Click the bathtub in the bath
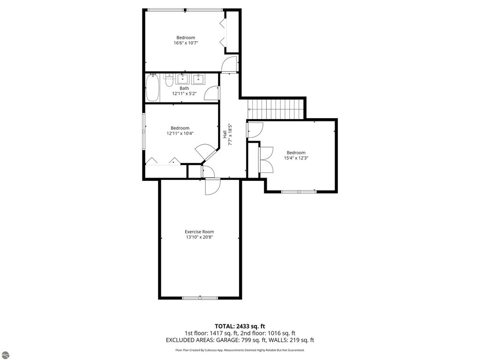(152, 89)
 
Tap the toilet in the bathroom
(168, 82)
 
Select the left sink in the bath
(183, 78)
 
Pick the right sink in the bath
(199, 78)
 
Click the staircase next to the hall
(276, 109)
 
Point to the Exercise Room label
(199, 232)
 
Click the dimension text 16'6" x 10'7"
(186, 43)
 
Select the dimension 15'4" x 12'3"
(296, 158)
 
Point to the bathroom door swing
(212, 93)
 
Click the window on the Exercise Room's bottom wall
(200, 297)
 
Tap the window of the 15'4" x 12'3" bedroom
(299, 191)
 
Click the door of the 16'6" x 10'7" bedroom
(230, 64)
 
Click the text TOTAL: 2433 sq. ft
(240, 326)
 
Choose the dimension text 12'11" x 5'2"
(184, 93)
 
